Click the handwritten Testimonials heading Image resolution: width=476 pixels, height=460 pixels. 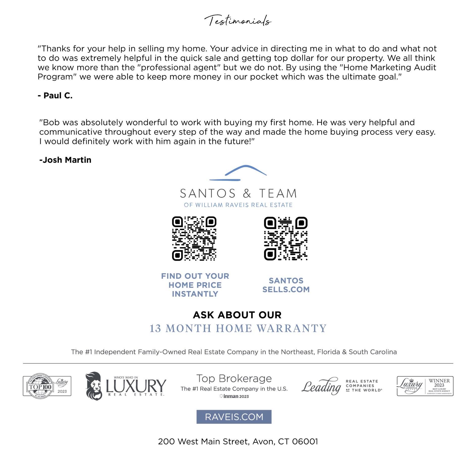click(238, 20)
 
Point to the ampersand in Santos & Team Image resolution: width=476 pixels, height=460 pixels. click(247, 193)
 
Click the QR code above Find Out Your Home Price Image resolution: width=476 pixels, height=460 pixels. click(194, 238)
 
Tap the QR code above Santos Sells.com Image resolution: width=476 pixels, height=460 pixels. click(286, 238)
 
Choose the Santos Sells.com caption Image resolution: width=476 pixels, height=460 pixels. click(286, 285)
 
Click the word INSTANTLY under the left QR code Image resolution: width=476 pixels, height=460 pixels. click(195, 294)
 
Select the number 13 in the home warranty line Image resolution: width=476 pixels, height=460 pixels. click(155, 328)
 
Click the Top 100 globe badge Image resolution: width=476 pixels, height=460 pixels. click(40, 386)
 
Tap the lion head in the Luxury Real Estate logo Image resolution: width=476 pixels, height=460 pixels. click(94, 386)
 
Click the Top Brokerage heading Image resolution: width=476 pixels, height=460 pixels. click(234, 378)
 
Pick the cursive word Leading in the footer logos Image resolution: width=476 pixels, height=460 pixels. click(321, 386)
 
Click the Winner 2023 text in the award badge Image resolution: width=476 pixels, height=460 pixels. click(439, 383)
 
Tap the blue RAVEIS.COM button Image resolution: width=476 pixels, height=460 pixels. click(234, 417)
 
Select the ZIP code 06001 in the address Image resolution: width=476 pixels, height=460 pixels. click(305, 441)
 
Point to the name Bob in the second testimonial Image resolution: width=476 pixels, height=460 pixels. click(52, 122)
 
